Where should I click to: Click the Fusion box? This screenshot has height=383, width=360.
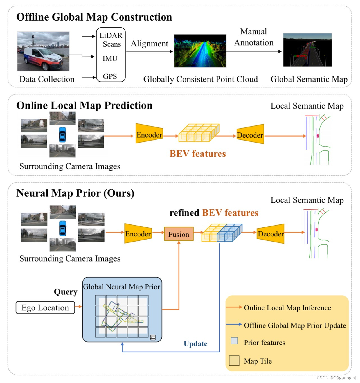[179, 234]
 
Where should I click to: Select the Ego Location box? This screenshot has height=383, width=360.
[45, 308]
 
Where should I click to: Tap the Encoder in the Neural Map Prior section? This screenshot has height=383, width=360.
[138, 234]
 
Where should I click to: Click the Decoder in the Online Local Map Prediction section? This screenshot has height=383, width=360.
[250, 135]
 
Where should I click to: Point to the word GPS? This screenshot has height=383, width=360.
[110, 76]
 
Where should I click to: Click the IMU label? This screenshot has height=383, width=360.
[110, 58]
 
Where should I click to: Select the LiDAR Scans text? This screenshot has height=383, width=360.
[111, 40]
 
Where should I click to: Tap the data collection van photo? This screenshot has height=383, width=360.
[43, 51]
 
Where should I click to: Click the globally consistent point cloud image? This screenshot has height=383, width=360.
[200, 51]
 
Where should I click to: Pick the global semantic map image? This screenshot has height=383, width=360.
[307, 50]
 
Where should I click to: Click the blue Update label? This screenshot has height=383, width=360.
[195, 344]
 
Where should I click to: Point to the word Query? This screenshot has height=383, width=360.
[66, 292]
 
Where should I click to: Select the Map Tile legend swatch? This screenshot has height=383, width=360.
[234, 361]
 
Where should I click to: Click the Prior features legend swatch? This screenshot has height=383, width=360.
[234, 341]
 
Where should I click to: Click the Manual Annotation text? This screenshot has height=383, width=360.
[254, 37]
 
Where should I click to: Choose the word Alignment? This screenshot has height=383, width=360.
[149, 44]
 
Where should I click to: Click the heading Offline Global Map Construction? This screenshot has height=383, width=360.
[94, 17]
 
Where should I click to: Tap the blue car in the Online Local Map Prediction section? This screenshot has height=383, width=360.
[62, 134]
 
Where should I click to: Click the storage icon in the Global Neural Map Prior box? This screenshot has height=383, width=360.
[153, 338]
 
